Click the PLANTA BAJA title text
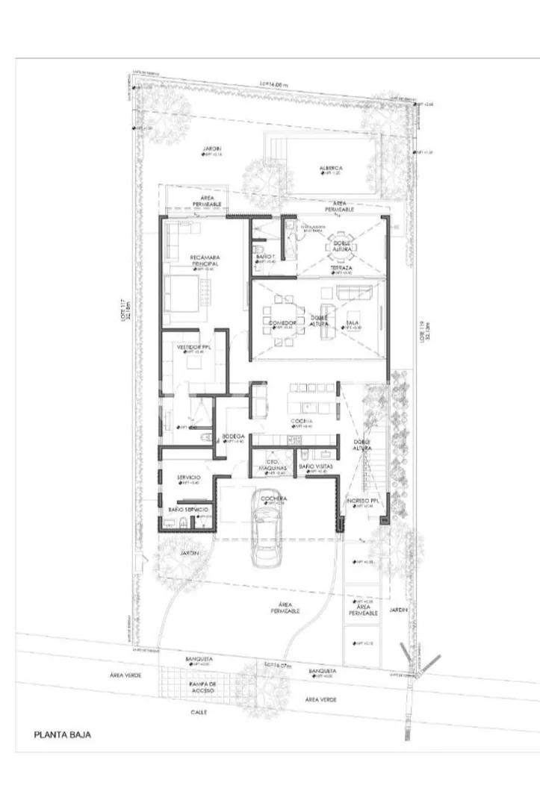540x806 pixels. pyautogui.click(x=63, y=734)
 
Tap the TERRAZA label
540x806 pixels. pyautogui.click(x=342, y=267)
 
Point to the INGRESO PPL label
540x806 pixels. pyautogui.click(x=364, y=501)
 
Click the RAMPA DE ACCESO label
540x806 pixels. pyautogui.click(x=203, y=687)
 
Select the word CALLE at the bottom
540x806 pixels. pyautogui.click(x=199, y=711)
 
